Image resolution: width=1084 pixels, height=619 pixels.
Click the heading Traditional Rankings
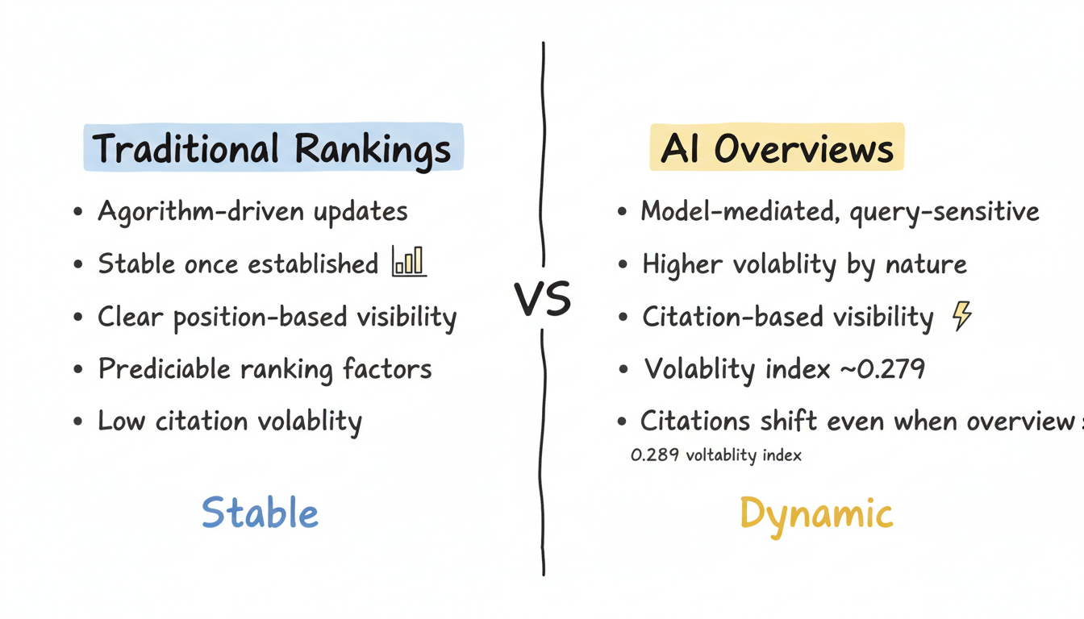tap(273, 148)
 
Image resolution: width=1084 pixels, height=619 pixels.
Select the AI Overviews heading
tap(777, 148)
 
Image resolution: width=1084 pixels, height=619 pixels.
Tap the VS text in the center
tap(543, 298)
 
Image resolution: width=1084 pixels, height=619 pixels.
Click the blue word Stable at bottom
tap(260, 513)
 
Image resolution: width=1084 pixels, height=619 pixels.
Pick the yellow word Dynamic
tap(815, 513)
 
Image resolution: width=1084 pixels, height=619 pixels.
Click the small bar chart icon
tap(408, 262)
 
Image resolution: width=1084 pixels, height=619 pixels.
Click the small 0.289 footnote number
tap(647, 455)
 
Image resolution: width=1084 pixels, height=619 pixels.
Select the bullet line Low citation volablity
tap(229, 421)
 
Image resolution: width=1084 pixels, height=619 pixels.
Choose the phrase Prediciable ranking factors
tap(265, 369)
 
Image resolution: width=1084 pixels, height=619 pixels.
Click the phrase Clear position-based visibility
tap(277, 318)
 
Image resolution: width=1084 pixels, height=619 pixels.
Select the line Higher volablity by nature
tap(804, 264)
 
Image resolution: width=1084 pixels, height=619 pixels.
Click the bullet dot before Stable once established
tap(77, 265)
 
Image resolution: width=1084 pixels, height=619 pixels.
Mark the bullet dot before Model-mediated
tap(622, 213)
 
